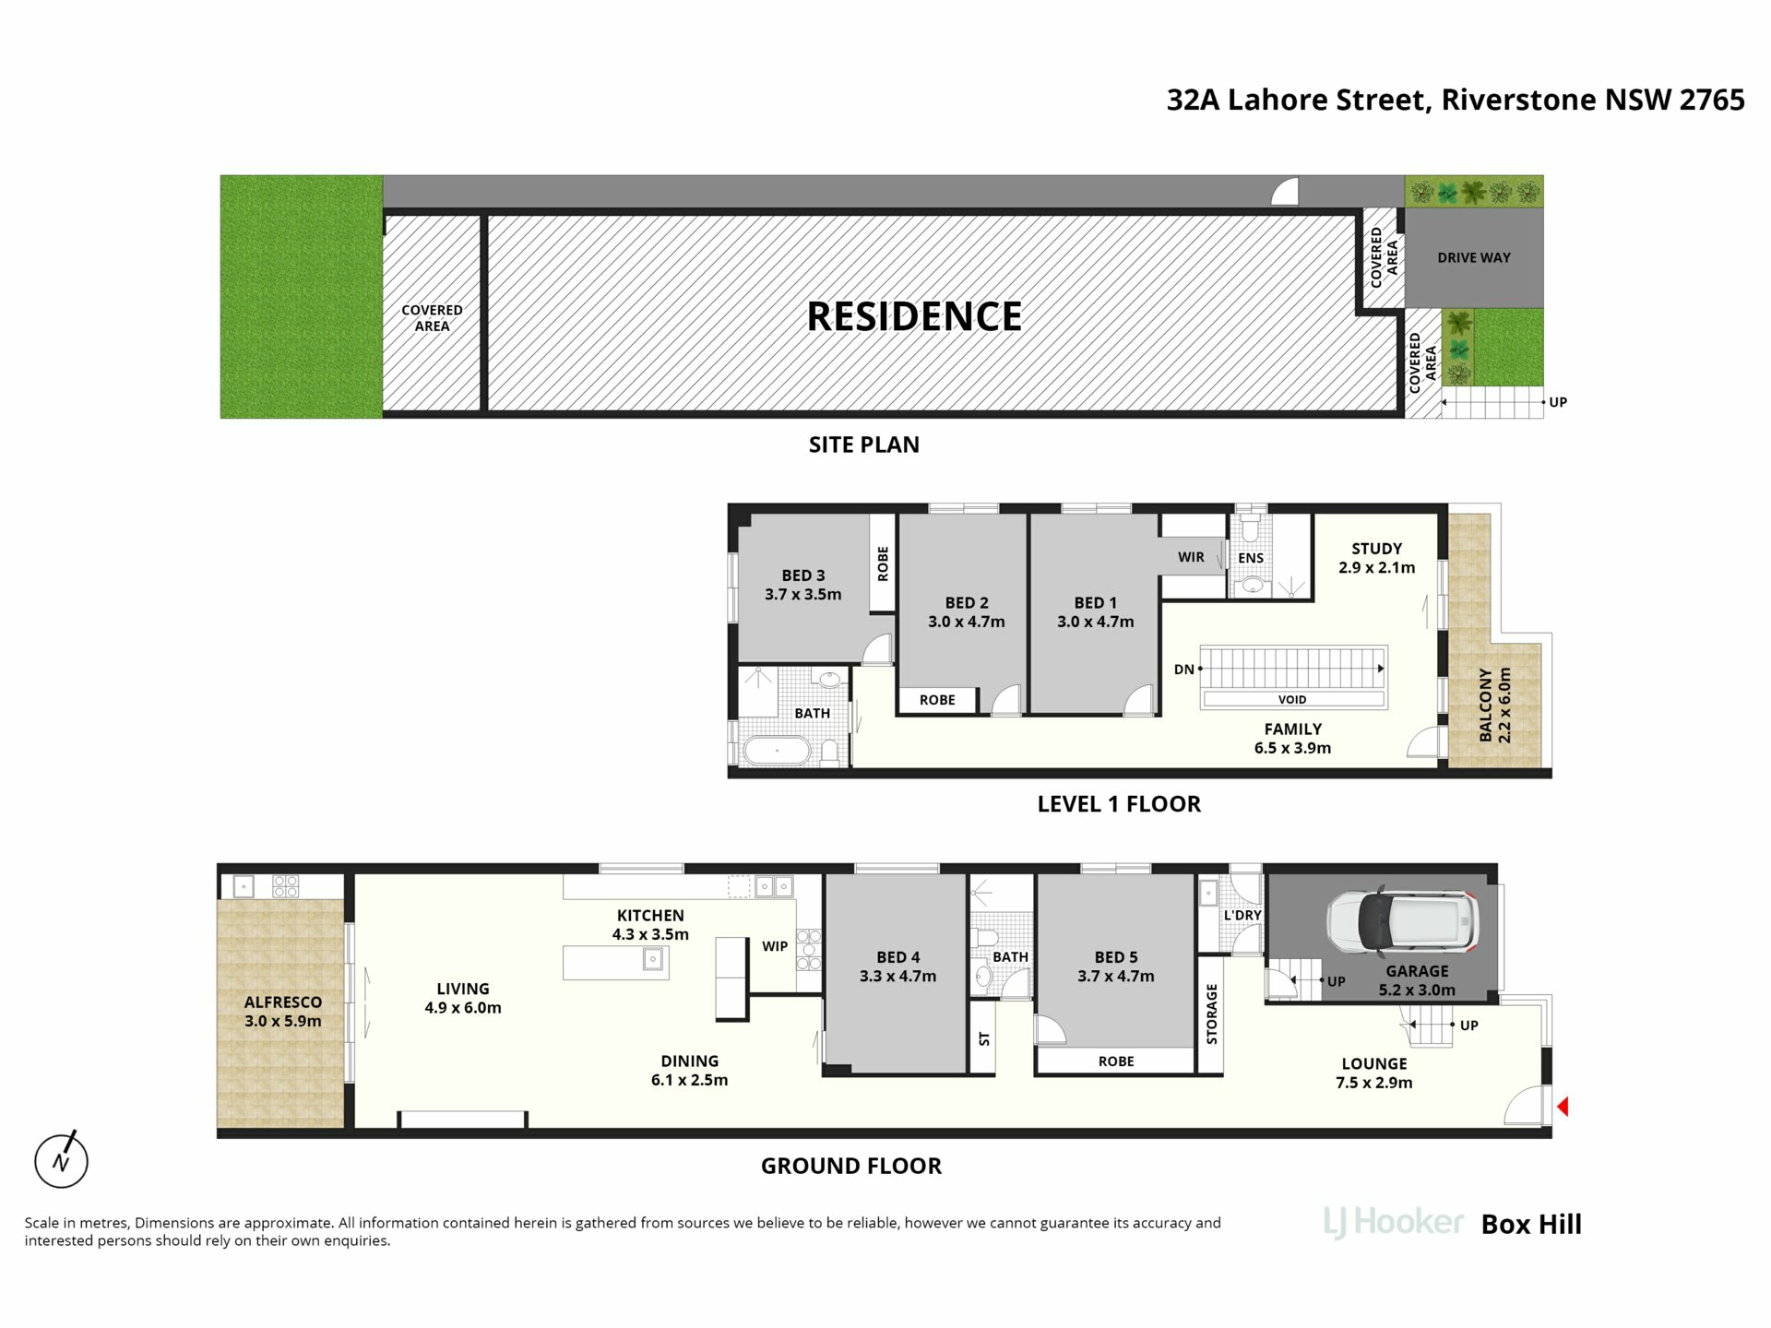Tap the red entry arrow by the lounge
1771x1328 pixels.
(1563, 1106)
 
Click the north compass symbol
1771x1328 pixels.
(61, 1159)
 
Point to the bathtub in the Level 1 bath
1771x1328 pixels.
(778, 751)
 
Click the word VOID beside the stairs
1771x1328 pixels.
(1291, 699)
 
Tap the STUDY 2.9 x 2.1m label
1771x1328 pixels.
(1376, 558)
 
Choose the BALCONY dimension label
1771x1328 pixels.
(1495, 705)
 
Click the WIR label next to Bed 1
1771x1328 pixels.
(1191, 557)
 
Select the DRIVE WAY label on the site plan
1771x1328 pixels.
(1474, 257)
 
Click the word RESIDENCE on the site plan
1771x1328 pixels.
(914, 316)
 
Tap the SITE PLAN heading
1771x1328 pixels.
(864, 445)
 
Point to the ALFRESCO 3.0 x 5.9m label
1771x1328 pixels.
(283, 1012)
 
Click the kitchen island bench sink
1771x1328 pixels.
(652, 960)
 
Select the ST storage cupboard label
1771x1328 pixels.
(984, 1038)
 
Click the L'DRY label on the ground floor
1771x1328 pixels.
(1242, 915)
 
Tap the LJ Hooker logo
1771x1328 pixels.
(1393, 1223)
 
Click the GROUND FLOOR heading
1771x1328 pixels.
(851, 1166)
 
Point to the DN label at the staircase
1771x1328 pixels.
(1183, 670)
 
